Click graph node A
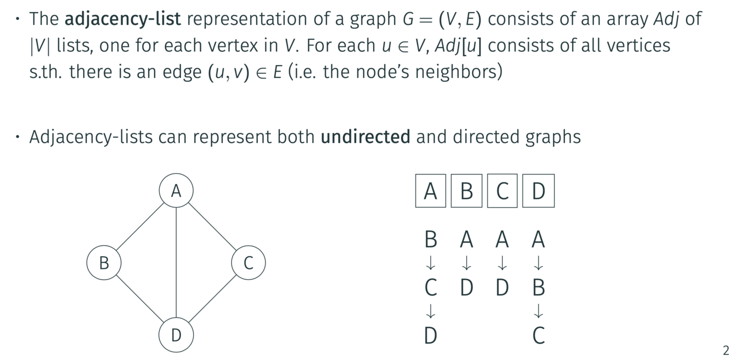(x=176, y=191)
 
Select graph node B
(x=104, y=263)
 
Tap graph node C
(x=248, y=263)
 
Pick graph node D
(x=176, y=334)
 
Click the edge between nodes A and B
(x=140, y=227)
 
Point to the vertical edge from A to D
(x=176, y=262)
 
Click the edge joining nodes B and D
(x=140, y=299)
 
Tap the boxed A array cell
(x=431, y=191)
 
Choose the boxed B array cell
(x=466, y=191)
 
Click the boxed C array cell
(x=502, y=191)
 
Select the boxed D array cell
(x=538, y=191)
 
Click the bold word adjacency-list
(x=122, y=19)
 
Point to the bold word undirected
(x=365, y=136)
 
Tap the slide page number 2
(x=725, y=351)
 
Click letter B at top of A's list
(x=431, y=239)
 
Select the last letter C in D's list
(x=538, y=335)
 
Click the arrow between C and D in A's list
(x=431, y=311)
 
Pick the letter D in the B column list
(x=466, y=287)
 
